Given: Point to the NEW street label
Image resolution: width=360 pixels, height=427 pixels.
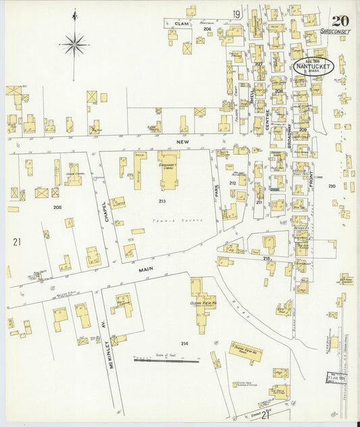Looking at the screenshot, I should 180,143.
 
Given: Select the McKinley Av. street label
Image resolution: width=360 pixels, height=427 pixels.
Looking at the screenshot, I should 108,348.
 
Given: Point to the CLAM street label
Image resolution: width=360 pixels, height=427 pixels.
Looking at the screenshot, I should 181,24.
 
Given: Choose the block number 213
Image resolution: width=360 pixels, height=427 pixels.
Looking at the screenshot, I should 162,201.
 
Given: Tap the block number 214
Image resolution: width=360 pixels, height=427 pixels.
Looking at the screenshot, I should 184,343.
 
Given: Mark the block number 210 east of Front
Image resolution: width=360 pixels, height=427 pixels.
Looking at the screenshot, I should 332,185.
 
